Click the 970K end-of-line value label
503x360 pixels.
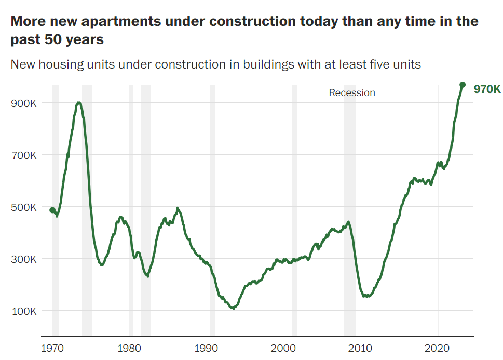click(487, 89)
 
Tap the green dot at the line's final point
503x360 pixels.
click(463, 85)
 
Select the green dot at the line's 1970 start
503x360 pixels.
click(52, 210)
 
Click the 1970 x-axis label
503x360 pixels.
click(52, 347)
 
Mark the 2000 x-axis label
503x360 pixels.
click(284, 347)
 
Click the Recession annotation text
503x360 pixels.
click(352, 93)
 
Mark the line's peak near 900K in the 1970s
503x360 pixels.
click(78, 103)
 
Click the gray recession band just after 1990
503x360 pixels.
click(213, 208)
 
